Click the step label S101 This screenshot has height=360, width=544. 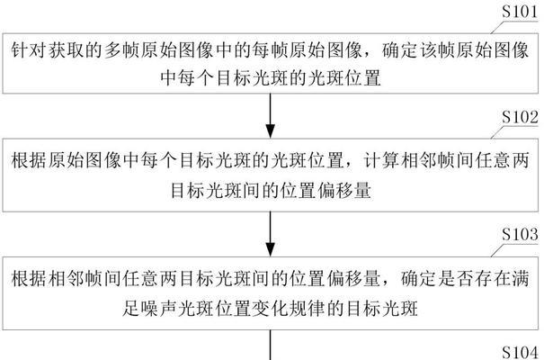(x=520, y=12)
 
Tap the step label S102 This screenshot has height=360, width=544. (x=520, y=117)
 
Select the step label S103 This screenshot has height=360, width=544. (x=520, y=234)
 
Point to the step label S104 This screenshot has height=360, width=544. (x=520, y=353)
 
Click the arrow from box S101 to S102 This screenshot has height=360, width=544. (x=271, y=116)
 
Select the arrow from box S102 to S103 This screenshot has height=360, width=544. (x=271, y=234)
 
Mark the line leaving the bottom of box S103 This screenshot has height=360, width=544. (x=271, y=345)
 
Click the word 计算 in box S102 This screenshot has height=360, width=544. (x=381, y=161)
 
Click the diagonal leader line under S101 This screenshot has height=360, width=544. (x=497, y=27)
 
